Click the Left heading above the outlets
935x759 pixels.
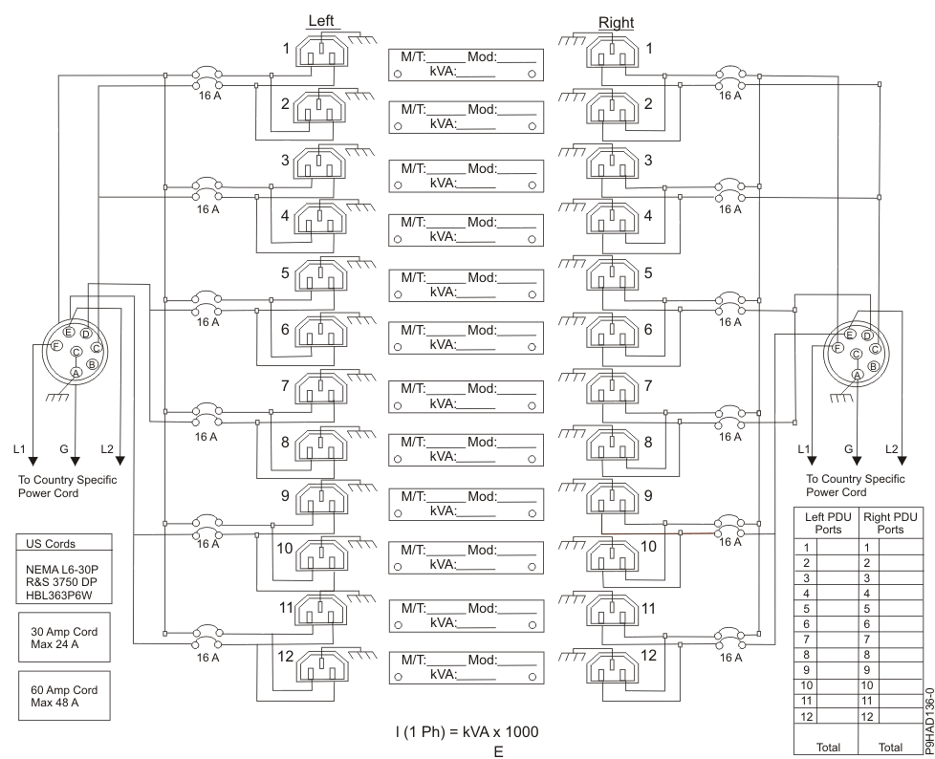click(x=320, y=20)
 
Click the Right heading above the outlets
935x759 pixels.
click(x=616, y=22)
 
